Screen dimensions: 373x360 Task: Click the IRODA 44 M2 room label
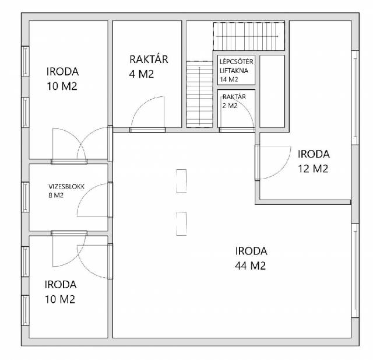pos(251,258)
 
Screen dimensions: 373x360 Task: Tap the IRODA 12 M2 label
pos(314,162)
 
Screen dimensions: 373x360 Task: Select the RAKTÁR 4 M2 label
pos(149,67)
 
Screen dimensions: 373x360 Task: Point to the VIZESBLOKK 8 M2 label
pos(66,191)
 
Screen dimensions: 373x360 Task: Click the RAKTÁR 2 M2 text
pos(234,101)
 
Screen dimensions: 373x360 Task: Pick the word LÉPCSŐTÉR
pos(236,62)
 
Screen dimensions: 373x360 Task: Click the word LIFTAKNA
pos(234,71)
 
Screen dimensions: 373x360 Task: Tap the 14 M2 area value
pos(229,79)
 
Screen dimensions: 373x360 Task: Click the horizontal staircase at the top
pos(249,36)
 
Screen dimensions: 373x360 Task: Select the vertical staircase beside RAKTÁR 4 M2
pos(199,94)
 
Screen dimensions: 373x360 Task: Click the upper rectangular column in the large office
pos(181,181)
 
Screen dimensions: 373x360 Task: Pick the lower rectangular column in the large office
pos(181,223)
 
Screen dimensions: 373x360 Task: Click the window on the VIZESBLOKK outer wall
pos(25,197)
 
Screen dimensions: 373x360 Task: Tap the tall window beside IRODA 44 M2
pos(355,270)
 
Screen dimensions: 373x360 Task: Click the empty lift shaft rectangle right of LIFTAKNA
pos(272,91)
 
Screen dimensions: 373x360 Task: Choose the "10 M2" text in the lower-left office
pos(60,299)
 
